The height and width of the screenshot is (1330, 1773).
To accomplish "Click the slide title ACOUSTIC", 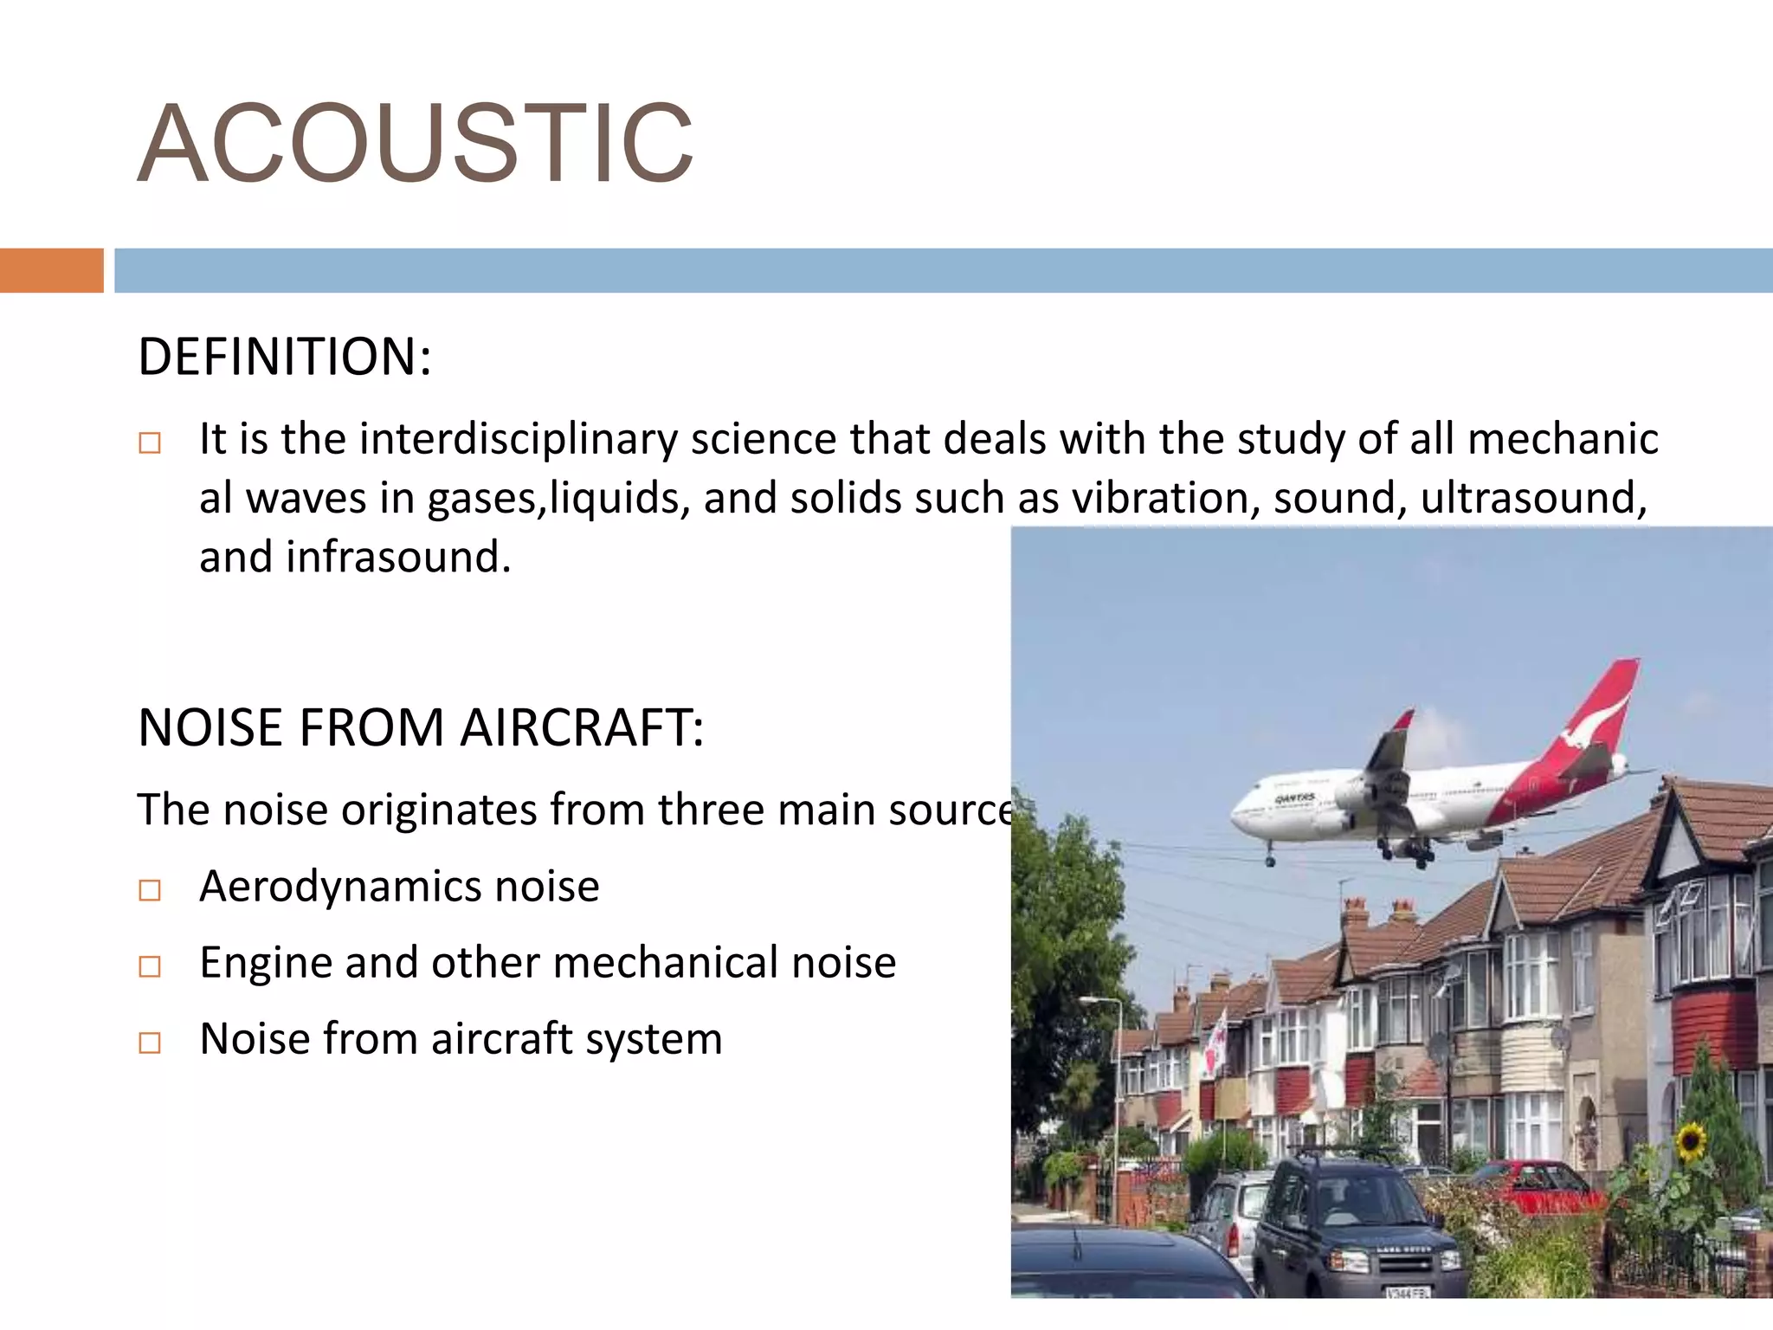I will (x=416, y=144).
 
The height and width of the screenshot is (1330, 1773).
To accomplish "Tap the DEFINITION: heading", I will (x=284, y=357).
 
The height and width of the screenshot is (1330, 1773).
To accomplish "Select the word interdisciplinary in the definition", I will (x=519, y=438).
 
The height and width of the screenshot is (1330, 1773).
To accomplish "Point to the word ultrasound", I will (x=1533, y=498).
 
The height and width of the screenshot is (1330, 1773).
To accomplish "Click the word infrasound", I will (x=398, y=557).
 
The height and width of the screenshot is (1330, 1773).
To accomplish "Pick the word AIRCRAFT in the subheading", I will (x=582, y=727).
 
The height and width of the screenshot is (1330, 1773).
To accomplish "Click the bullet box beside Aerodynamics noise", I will (x=150, y=890).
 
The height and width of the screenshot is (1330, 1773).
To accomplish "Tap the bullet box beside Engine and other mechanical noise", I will (x=150, y=966).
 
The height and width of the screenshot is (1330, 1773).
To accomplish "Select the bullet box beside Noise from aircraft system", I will (x=150, y=1043).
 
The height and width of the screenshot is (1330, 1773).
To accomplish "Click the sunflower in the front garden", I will (x=1690, y=1141).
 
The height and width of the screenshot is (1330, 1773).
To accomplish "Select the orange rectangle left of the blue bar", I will (x=52, y=270).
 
